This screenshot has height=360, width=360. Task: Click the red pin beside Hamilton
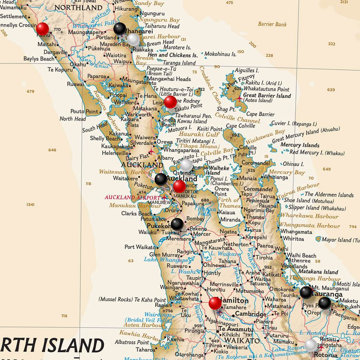pyautogui.click(x=215, y=303)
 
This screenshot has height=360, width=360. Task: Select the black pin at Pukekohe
pyautogui.click(x=177, y=224)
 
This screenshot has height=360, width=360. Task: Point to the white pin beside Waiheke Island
pyautogui.click(x=186, y=165)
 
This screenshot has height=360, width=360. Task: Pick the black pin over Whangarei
pyautogui.click(x=120, y=28)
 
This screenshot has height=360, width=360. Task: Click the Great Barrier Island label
pyautogui.click(x=267, y=96)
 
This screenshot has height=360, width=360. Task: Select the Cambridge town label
pyautogui.click(x=251, y=314)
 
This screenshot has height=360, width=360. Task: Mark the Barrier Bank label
pyautogui.click(x=272, y=24)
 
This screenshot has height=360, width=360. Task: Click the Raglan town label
pyautogui.click(x=156, y=306)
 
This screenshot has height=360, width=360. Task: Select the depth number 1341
pyautogui.click(x=31, y=205)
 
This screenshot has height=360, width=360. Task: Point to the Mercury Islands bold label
pyautogui.click(x=300, y=145)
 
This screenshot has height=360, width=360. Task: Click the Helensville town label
pyautogui.click(x=115, y=153)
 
